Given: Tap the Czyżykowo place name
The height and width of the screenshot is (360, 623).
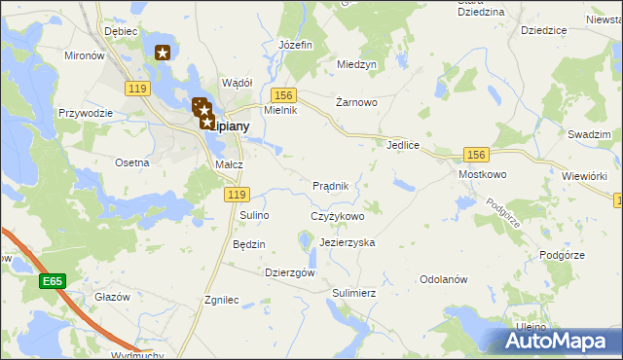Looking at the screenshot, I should [337, 216].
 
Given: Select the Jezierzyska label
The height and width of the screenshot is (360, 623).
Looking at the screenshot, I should [347, 242].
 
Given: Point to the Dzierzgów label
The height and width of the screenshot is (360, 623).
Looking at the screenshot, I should [290, 273].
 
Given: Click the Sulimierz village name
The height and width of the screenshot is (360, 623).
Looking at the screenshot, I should [353, 292].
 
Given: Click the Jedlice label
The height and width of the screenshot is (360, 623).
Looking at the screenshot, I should [402, 145].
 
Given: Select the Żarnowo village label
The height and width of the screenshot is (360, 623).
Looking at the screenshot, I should [356, 101].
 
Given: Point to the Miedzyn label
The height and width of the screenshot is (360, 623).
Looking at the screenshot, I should [356, 64].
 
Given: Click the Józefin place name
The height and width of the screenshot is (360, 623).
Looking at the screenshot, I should [295, 45].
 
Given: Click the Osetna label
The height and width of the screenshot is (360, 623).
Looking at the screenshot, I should [131, 162].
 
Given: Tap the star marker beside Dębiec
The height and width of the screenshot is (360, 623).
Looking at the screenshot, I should [163, 54].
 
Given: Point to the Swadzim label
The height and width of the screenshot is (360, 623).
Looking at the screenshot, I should [589, 133].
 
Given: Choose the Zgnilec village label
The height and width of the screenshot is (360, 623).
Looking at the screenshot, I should [222, 301].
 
